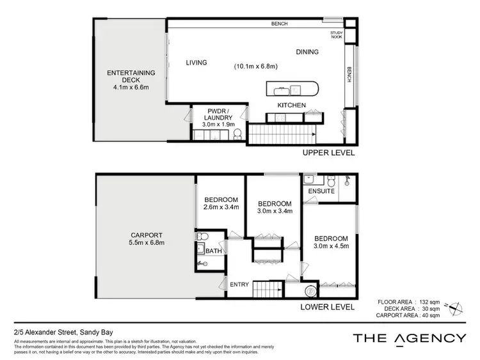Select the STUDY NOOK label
tap(337, 35)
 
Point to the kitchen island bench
tap(292, 89)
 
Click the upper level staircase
tap(280, 134)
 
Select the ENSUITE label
tap(321, 191)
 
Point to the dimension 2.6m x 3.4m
tap(221, 207)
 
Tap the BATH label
tap(214, 251)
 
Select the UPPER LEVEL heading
tap(329, 153)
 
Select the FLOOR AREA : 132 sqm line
tap(408, 301)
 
